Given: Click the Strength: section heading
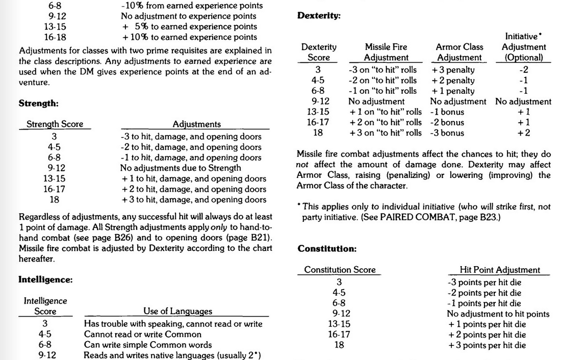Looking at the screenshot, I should tap(39, 104).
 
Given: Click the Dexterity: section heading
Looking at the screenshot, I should tap(319, 16).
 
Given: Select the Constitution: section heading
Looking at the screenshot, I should tap(327, 249).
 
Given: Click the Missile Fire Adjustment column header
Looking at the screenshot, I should tap(386, 53).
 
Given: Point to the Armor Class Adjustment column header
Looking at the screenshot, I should tap(459, 53).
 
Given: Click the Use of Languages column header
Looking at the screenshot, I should tap(177, 311).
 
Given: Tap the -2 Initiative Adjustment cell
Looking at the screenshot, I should tap(523, 69).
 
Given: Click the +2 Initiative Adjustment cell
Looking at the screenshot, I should tap(523, 133).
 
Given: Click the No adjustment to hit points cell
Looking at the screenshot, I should tap(498, 314).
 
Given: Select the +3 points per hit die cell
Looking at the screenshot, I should tap(486, 345).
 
